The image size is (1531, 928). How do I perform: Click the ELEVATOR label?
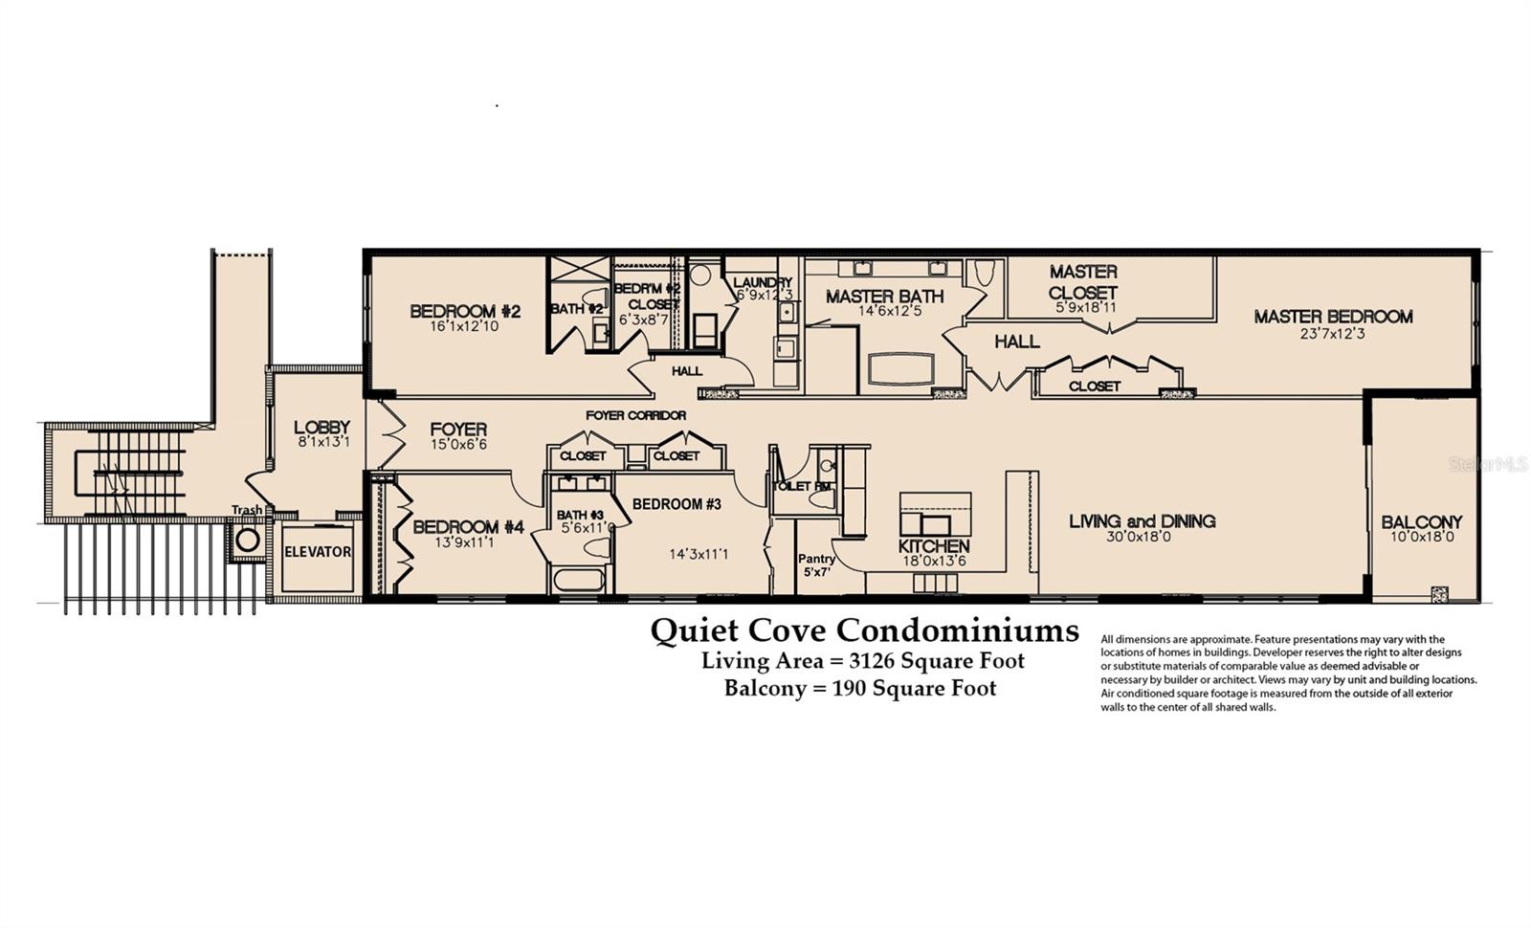317,552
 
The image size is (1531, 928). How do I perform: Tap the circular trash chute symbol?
248,541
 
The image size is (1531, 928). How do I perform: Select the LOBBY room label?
322,428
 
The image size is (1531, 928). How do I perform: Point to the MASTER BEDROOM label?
1333,317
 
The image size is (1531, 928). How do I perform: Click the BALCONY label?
1421,522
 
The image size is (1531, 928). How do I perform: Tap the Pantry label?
816,559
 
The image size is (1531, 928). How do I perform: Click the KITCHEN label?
934,546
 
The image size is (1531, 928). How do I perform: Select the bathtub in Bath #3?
578,579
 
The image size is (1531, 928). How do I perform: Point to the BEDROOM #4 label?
468,527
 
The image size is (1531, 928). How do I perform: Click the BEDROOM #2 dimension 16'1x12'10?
464,326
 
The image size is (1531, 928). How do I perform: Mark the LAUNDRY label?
763,282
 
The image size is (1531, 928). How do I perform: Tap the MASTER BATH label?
884,297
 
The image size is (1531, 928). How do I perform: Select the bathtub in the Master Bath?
899,369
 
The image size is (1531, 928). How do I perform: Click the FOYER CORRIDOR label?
635,415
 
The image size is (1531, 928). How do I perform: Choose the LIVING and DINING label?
1142,521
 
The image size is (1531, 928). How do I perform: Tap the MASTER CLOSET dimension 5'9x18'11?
1085,308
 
